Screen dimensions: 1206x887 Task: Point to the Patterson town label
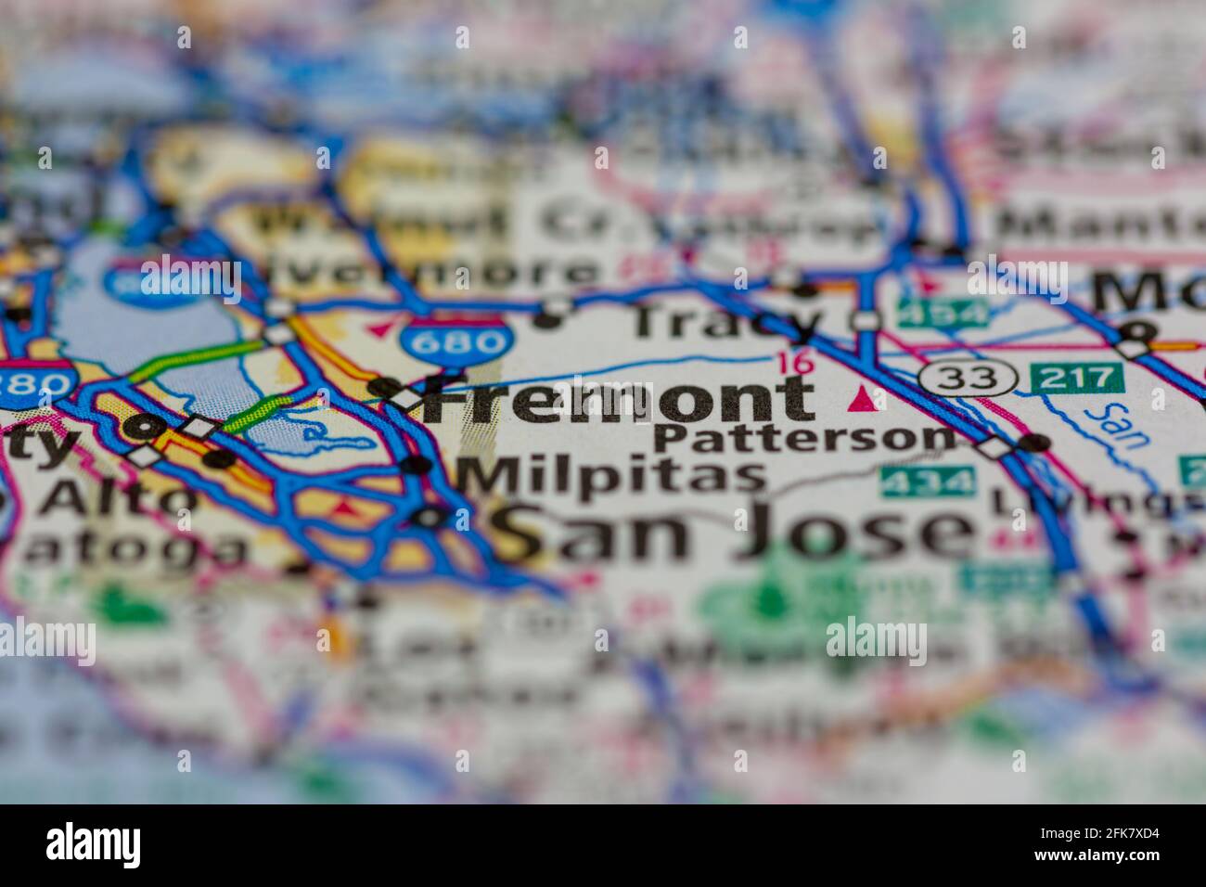point(803,437)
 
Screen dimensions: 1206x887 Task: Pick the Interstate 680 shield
point(455,341)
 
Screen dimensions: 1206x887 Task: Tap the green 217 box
point(1077,377)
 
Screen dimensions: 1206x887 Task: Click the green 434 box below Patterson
point(928,482)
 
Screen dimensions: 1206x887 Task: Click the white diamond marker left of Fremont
point(405,399)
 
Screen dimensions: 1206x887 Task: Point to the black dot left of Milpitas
point(417,463)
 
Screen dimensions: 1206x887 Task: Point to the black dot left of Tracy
point(549,322)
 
